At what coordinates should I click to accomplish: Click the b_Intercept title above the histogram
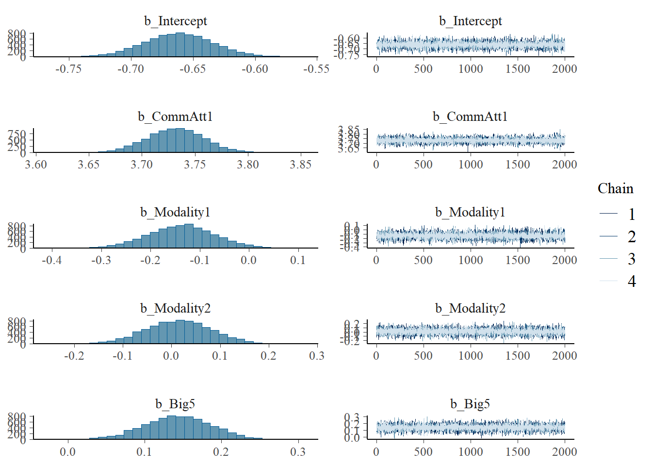click(x=175, y=21)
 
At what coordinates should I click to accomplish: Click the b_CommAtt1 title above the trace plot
click(x=470, y=117)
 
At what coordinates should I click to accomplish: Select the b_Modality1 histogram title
click(x=175, y=213)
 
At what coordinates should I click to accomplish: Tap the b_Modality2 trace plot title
click(x=470, y=309)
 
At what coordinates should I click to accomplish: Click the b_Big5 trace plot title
click(x=470, y=404)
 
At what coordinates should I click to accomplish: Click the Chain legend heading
click(x=615, y=189)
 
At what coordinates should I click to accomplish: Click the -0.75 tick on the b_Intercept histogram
click(x=68, y=69)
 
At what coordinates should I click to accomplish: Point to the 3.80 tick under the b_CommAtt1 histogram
click(x=248, y=165)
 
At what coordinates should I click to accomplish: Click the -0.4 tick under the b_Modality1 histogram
click(x=51, y=260)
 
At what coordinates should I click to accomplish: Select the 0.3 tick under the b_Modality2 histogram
click(x=317, y=356)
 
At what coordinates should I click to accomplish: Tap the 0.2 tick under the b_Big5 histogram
click(x=221, y=452)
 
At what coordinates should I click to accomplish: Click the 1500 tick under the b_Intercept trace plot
click(x=518, y=69)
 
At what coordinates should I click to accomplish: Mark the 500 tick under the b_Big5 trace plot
click(x=423, y=452)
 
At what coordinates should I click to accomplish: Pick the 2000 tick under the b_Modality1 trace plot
click(x=564, y=260)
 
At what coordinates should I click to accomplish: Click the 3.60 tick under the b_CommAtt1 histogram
click(x=36, y=165)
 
